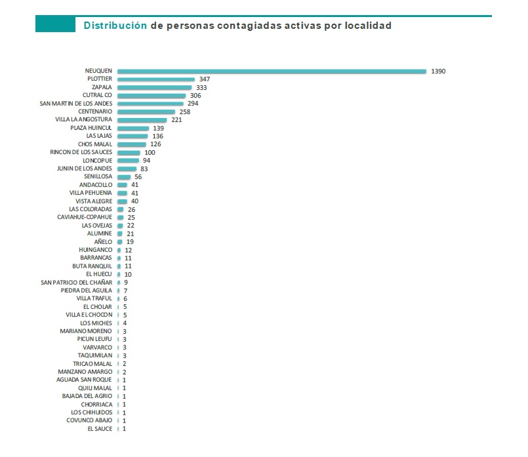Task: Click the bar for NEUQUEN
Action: tap(272, 71)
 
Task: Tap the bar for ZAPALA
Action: tap(154, 87)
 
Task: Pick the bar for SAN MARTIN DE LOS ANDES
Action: tap(150, 104)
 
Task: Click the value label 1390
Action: tap(439, 71)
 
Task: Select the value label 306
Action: tap(195, 95)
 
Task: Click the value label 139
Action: tap(158, 128)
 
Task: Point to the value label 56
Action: tap(138, 177)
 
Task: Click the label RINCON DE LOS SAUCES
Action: tap(81, 152)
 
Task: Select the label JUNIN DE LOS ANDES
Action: tap(85, 169)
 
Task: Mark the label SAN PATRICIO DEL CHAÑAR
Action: tap(77, 282)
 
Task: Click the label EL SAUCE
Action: tap(100, 429)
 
